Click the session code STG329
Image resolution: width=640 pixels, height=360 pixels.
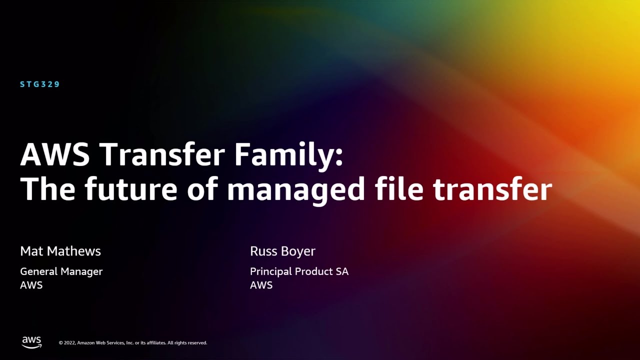pos(40,84)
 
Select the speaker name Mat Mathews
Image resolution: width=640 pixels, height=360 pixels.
pos(60,251)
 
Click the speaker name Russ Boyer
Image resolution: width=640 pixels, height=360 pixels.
pos(282,251)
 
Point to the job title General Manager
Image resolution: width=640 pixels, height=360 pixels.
pos(61,271)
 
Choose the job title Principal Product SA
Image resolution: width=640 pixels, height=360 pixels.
pos(299,271)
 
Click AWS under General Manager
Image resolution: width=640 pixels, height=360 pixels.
pos(31,285)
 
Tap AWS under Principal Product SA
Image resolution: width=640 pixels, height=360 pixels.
pos(261,285)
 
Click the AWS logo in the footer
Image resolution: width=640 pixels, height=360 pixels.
pos(31,342)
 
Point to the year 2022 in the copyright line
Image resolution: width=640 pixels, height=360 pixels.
pos(69,343)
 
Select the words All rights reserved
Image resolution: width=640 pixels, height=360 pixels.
pos(187,343)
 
